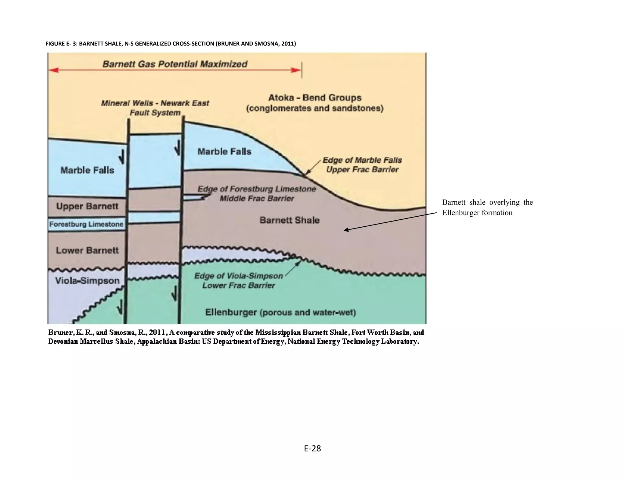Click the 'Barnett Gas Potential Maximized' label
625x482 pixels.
(x=175, y=64)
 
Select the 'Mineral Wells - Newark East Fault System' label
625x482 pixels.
(x=155, y=108)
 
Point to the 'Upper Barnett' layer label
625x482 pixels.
(x=87, y=206)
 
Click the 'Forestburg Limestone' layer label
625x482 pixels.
(x=86, y=224)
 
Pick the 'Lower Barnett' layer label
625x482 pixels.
(x=87, y=250)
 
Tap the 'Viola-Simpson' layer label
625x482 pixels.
(x=87, y=281)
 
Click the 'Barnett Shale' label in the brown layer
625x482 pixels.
(x=289, y=220)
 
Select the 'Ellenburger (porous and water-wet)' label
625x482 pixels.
(x=280, y=312)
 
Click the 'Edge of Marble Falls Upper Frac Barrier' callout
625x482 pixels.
(x=362, y=165)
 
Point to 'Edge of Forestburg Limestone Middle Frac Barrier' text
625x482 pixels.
(x=257, y=193)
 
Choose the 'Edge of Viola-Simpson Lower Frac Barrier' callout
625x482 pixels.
(x=239, y=281)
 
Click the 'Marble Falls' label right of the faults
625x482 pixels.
(x=224, y=151)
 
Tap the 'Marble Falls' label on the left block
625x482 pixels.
(x=87, y=170)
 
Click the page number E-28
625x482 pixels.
(x=312, y=448)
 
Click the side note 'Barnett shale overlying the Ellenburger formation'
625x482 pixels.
(x=487, y=207)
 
